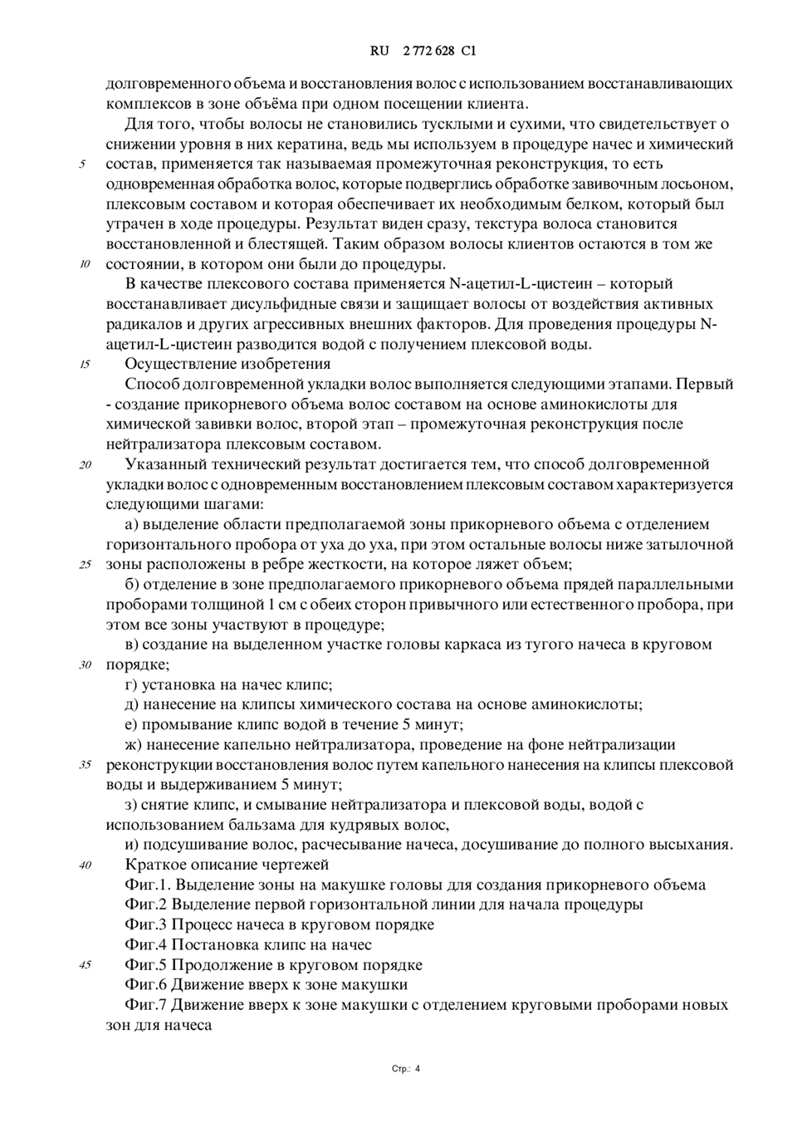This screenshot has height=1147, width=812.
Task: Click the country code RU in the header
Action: point(379,51)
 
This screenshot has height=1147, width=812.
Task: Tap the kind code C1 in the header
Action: point(468,51)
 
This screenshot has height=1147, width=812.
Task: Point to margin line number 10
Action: point(85,265)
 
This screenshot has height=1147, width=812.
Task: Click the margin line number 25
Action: point(85,565)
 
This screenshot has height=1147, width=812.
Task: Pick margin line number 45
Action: point(85,965)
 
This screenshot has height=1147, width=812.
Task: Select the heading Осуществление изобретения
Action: point(227,364)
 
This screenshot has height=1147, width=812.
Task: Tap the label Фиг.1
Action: point(147,885)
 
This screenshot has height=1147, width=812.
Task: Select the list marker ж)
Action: point(134,744)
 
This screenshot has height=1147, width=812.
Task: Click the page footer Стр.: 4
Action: point(406,1069)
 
